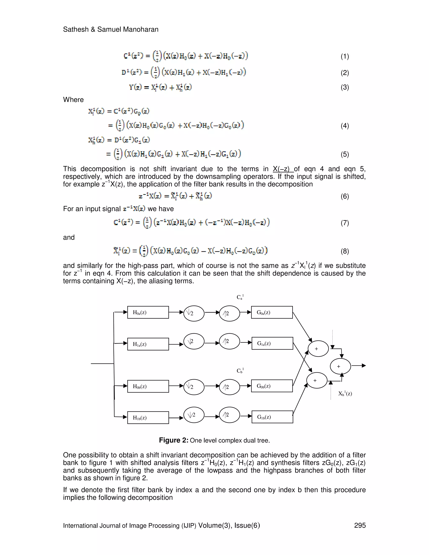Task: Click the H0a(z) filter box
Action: point(148,312)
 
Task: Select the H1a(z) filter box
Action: point(148,344)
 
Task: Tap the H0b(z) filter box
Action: point(148,386)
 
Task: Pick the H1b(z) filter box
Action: point(148,418)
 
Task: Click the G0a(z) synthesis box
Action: point(272,312)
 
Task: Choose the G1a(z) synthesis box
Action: point(272,343)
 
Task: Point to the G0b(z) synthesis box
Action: point(272,386)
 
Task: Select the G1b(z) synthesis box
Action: point(272,417)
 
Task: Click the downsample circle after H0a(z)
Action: point(194,313)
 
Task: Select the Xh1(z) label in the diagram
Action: point(345,393)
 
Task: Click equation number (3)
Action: point(345,87)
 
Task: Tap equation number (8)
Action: point(345,251)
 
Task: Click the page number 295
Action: point(360,525)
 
